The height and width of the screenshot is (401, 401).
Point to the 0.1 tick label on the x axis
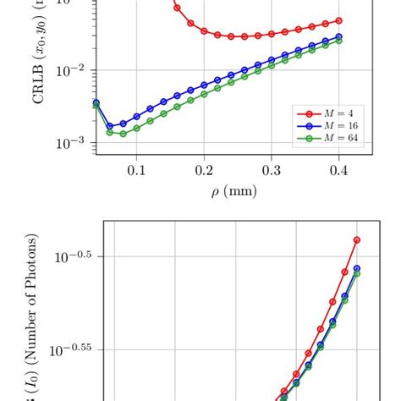[x=136, y=171]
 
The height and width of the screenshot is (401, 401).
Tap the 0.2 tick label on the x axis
[x=204, y=171]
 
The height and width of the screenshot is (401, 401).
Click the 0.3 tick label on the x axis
[x=272, y=171]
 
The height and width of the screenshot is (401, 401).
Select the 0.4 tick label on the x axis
[x=339, y=171]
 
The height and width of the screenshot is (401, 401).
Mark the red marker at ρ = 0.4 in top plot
[x=339, y=20]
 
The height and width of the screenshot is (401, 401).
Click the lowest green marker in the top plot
[x=123, y=134]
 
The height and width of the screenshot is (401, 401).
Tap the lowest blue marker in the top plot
[x=109, y=126]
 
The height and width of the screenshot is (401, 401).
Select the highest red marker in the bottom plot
[x=357, y=240]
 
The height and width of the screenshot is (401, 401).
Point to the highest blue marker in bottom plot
[x=357, y=268]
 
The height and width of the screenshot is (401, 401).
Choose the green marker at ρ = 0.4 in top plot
[x=339, y=40]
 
